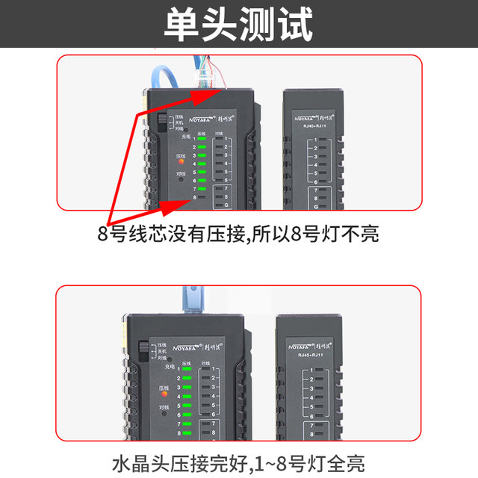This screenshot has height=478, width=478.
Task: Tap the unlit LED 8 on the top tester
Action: click(202, 197)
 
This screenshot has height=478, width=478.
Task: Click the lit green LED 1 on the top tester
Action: click(202, 137)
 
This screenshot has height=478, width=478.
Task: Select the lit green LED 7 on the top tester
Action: click(202, 189)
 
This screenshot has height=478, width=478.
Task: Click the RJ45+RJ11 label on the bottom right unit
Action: click(309, 355)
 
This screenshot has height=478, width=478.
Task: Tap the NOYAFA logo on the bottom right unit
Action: click(308, 345)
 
